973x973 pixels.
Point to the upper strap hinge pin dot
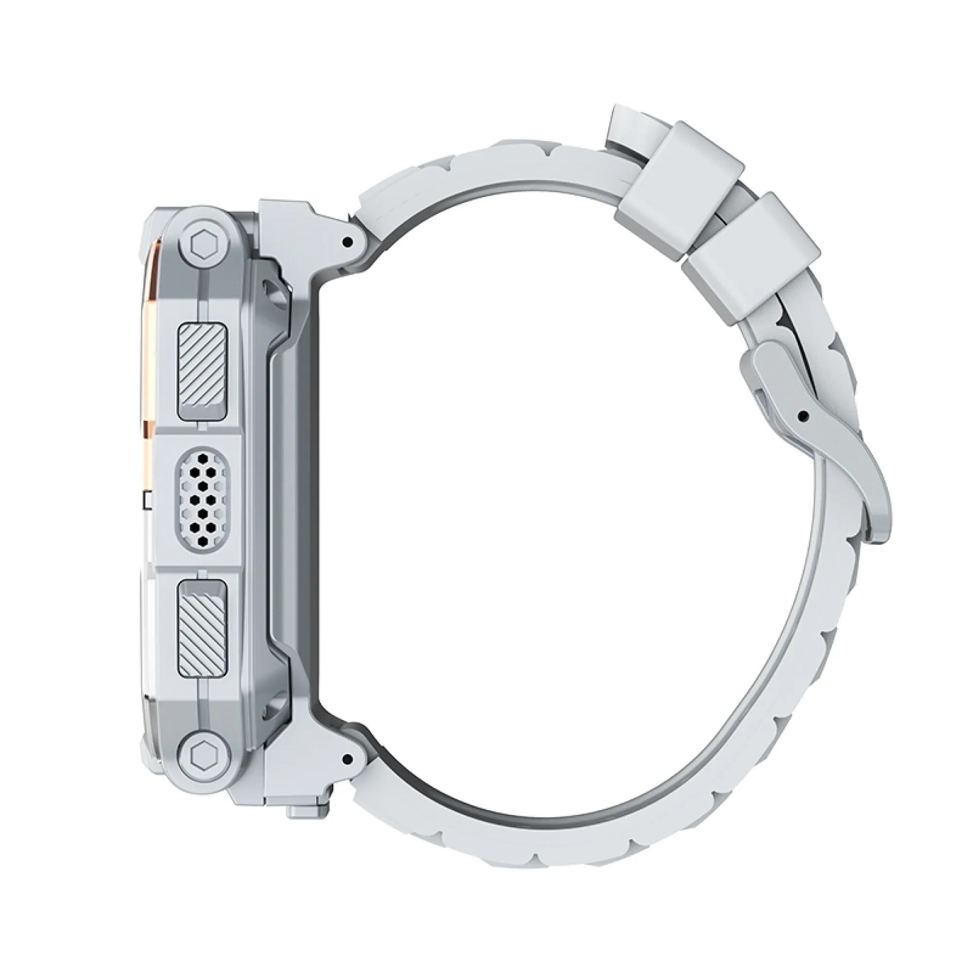345,243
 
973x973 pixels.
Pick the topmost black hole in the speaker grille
202,459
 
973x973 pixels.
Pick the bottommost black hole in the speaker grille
202,541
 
